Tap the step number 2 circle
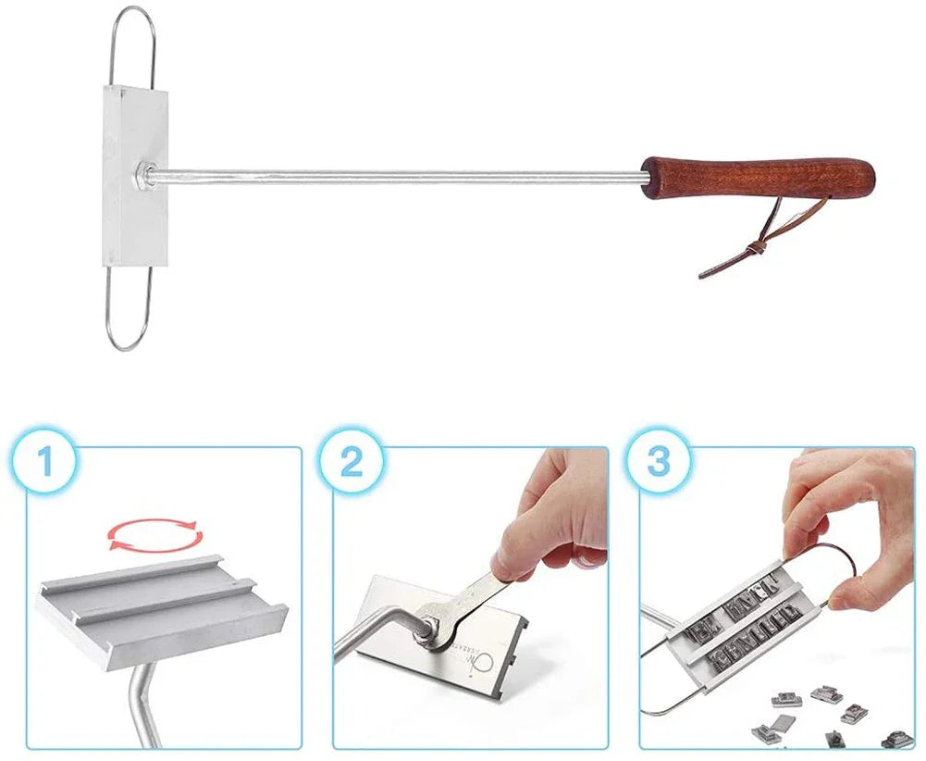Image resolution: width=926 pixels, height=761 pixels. pos(352,461)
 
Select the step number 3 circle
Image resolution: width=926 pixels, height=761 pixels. pos(658,461)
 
